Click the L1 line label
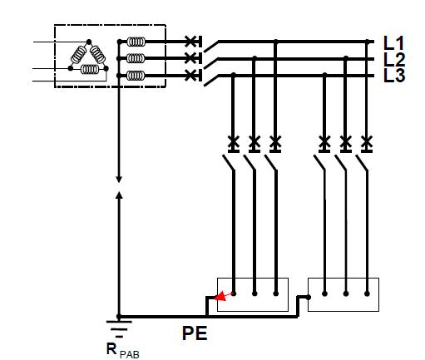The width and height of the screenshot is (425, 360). pyautogui.click(x=393, y=43)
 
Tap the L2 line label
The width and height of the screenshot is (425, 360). pyautogui.click(x=394, y=59)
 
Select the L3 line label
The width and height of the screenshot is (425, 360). pyautogui.click(x=394, y=75)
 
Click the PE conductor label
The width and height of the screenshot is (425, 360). pyautogui.click(x=195, y=333)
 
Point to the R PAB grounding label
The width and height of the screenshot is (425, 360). pyautogui.click(x=122, y=350)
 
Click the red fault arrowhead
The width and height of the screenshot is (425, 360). pyautogui.click(x=220, y=297)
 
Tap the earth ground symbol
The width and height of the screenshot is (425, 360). pyautogui.click(x=119, y=329)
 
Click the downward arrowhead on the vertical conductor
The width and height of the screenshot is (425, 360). pyautogui.click(x=119, y=179)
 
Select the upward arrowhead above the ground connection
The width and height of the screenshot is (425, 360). pyautogui.click(x=119, y=195)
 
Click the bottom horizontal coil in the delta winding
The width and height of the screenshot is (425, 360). pyautogui.click(x=90, y=69)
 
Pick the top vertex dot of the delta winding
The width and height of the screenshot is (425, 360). pyautogui.click(x=89, y=42)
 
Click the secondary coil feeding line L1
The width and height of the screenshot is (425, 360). pyautogui.click(x=136, y=42)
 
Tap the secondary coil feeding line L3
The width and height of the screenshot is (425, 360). pyautogui.click(x=136, y=76)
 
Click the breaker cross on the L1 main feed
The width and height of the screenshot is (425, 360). pyautogui.click(x=190, y=42)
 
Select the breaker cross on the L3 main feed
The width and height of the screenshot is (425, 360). pyautogui.click(x=190, y=76)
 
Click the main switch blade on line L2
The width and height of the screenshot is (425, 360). pyautogui.click(x=210, y=64)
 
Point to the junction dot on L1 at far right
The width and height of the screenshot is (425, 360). pyautogui.click(x=368, y=42)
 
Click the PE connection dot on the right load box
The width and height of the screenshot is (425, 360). pyautogui.click(x=309, y=298)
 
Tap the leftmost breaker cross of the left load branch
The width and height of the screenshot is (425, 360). pyautogui.click(x=234, y=141)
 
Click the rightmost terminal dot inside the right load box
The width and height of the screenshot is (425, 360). pyautogui.click(x=367, y=293)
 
